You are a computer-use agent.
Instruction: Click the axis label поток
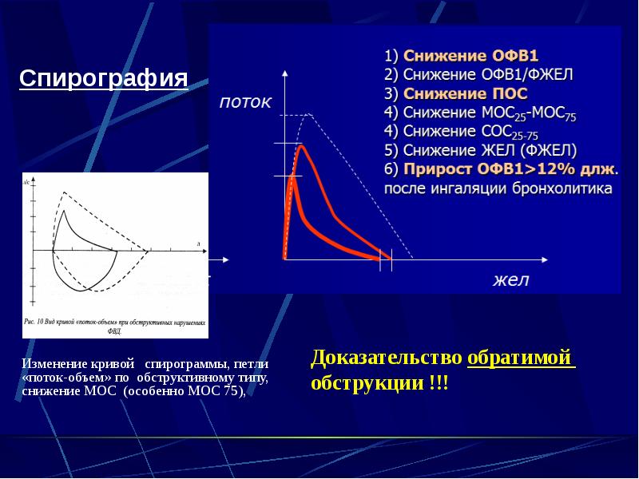click(x=246, y=102)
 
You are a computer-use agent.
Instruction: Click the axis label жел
click(x=511, y=280)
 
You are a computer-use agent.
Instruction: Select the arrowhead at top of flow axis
click(x=284, y=74)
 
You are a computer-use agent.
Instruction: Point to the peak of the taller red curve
click(x=301, y=146)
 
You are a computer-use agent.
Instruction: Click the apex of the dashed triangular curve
click(x=308, y=114)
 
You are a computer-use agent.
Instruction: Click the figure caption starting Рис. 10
click(x=116, y=325)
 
